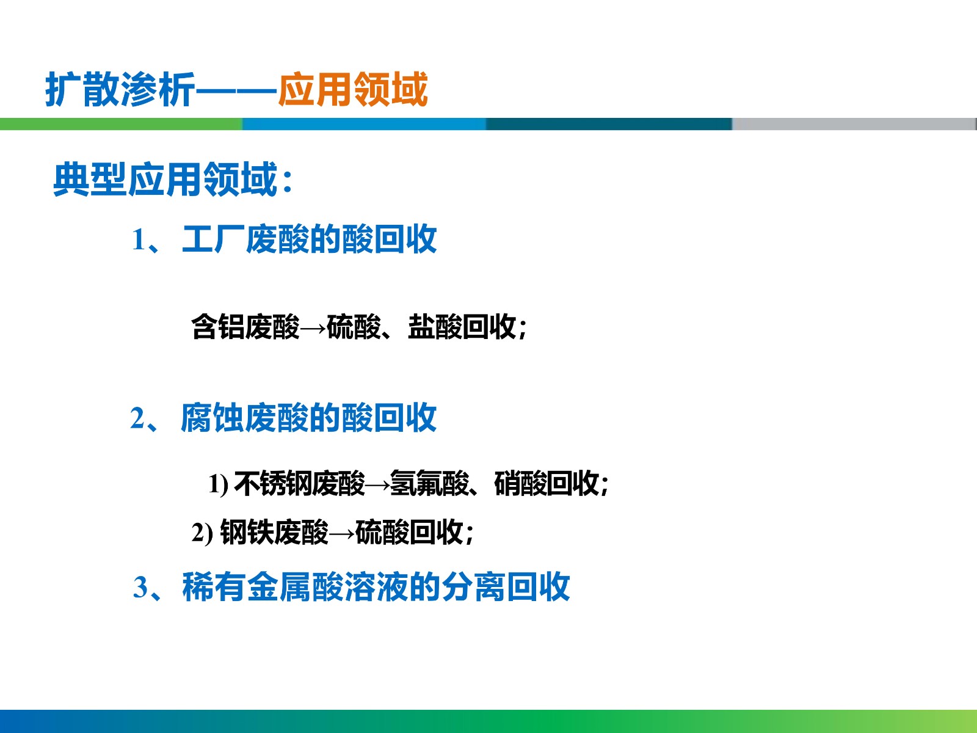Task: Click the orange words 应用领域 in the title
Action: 353,89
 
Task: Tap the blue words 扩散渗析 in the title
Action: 120,89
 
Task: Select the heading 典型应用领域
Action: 165,179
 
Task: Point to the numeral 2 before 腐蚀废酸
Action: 137,418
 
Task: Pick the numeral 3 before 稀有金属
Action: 140,588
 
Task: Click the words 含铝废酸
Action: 245,327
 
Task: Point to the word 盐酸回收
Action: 462,327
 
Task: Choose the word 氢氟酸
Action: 429,483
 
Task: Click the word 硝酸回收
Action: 547,483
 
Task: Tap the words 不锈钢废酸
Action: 299,483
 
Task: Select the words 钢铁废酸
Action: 274,532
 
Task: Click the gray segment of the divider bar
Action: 854,124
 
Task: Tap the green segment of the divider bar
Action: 122,124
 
